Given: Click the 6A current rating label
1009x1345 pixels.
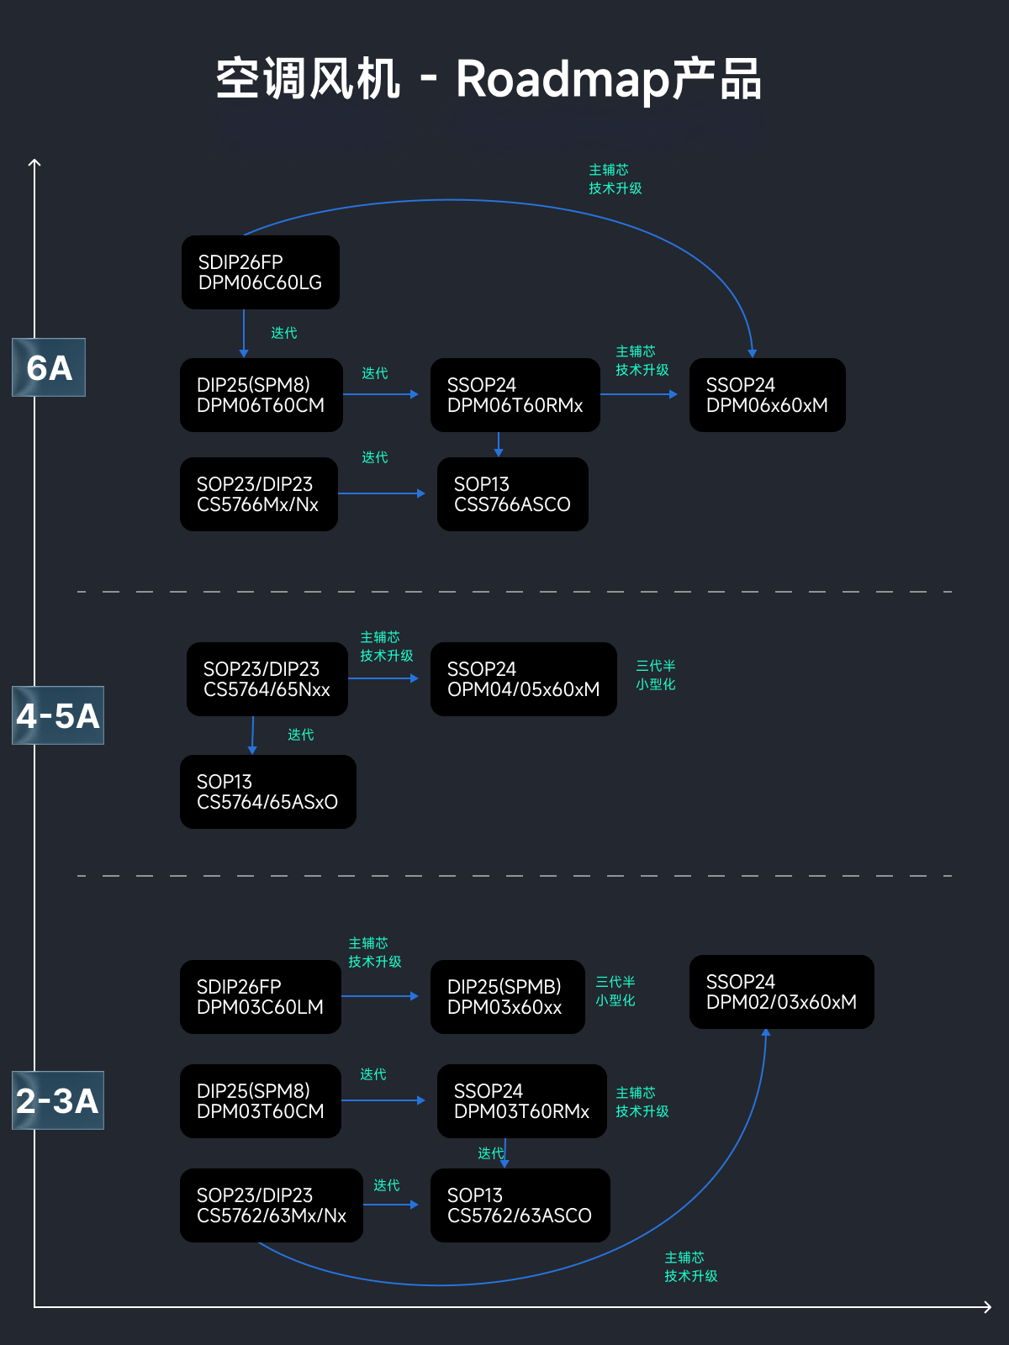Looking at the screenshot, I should coord(49,367).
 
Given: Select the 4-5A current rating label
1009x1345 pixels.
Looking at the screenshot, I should coord(58,715).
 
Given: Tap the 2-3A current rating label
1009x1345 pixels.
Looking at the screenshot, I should coord(58,1100).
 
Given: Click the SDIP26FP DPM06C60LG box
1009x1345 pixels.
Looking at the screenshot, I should coord(261,272).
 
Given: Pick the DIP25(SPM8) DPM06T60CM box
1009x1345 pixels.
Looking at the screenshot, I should coord(261,395).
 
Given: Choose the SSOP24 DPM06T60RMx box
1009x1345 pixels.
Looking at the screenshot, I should coord(515,395).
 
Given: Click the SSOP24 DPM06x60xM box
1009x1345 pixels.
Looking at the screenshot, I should coord(768,395).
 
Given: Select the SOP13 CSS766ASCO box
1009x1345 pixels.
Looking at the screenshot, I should coord(513,494).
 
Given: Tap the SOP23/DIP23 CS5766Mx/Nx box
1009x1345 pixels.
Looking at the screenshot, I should coord(259,494).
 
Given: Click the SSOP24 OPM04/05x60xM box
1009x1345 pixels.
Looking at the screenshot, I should coord(524,679).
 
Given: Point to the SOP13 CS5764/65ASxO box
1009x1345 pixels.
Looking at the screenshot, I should coord(268,792).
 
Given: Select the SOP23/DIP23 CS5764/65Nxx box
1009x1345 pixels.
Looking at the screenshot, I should coord(267,679).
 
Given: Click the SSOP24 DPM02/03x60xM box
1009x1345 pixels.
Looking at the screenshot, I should coord(782,992).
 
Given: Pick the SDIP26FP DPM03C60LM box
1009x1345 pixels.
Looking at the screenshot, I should coord(261,997).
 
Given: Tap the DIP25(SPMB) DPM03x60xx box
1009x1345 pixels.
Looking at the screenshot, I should coord(508,997).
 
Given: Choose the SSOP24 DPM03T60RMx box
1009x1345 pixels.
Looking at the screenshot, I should coord(522,1101).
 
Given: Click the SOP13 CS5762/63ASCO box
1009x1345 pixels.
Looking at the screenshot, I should coord(520,1205).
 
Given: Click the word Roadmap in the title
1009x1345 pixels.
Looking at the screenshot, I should coord(562,80).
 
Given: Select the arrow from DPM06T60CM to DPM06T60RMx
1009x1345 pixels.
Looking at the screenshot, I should coord(381,394).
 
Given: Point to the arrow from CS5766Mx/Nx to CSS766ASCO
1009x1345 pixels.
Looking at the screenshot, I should coord(382,493).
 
